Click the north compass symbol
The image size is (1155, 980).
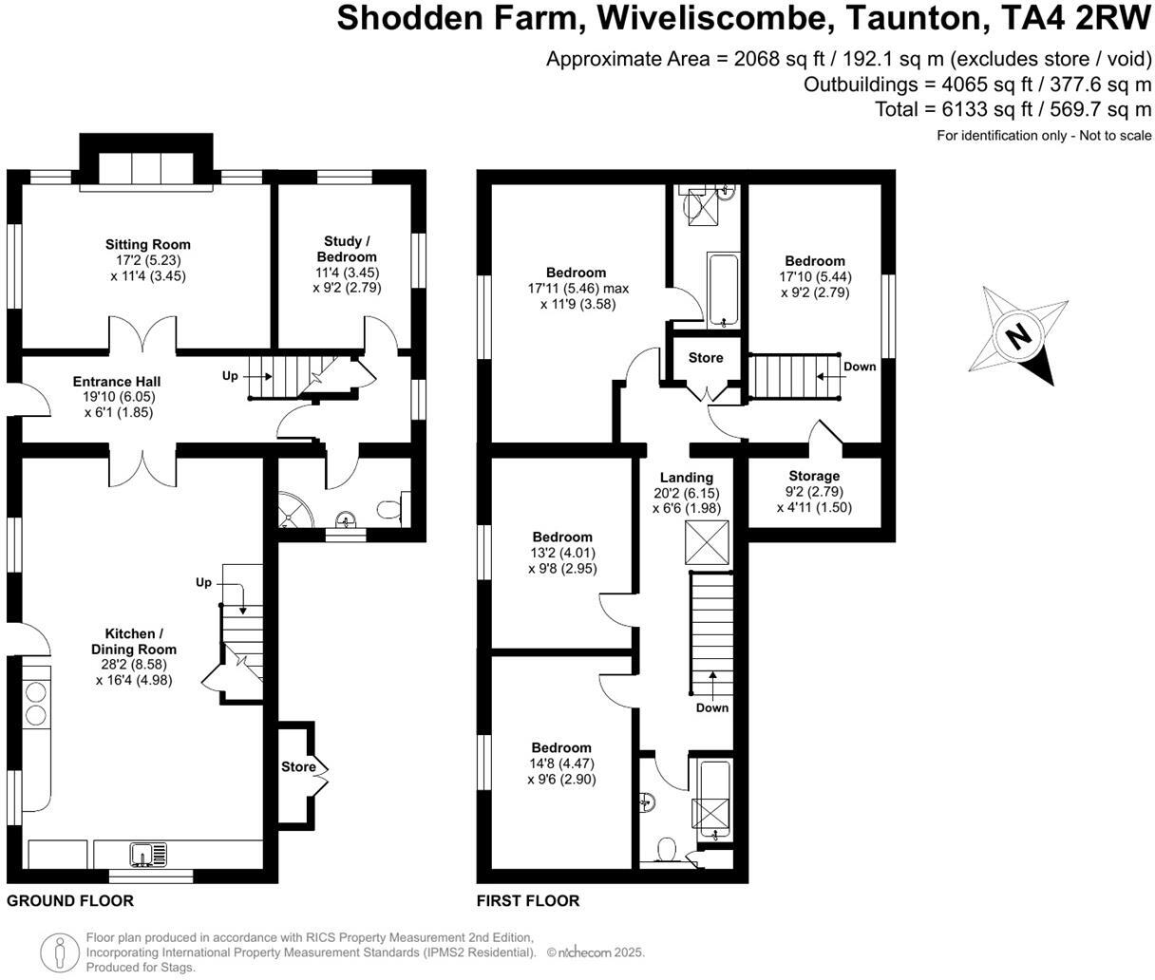[x=1019, y=336]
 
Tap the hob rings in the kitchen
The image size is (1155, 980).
[x=35, y=703]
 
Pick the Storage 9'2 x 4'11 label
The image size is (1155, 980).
[x=814, y=491]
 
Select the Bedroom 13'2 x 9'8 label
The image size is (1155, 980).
[x=562, y=553]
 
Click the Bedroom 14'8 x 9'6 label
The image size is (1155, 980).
[x=561, y=763]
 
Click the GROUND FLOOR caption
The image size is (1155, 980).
[x=70, y=900]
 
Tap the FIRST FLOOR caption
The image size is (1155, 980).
[x=528, y=900]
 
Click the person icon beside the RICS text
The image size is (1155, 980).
[x=60, y=951]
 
